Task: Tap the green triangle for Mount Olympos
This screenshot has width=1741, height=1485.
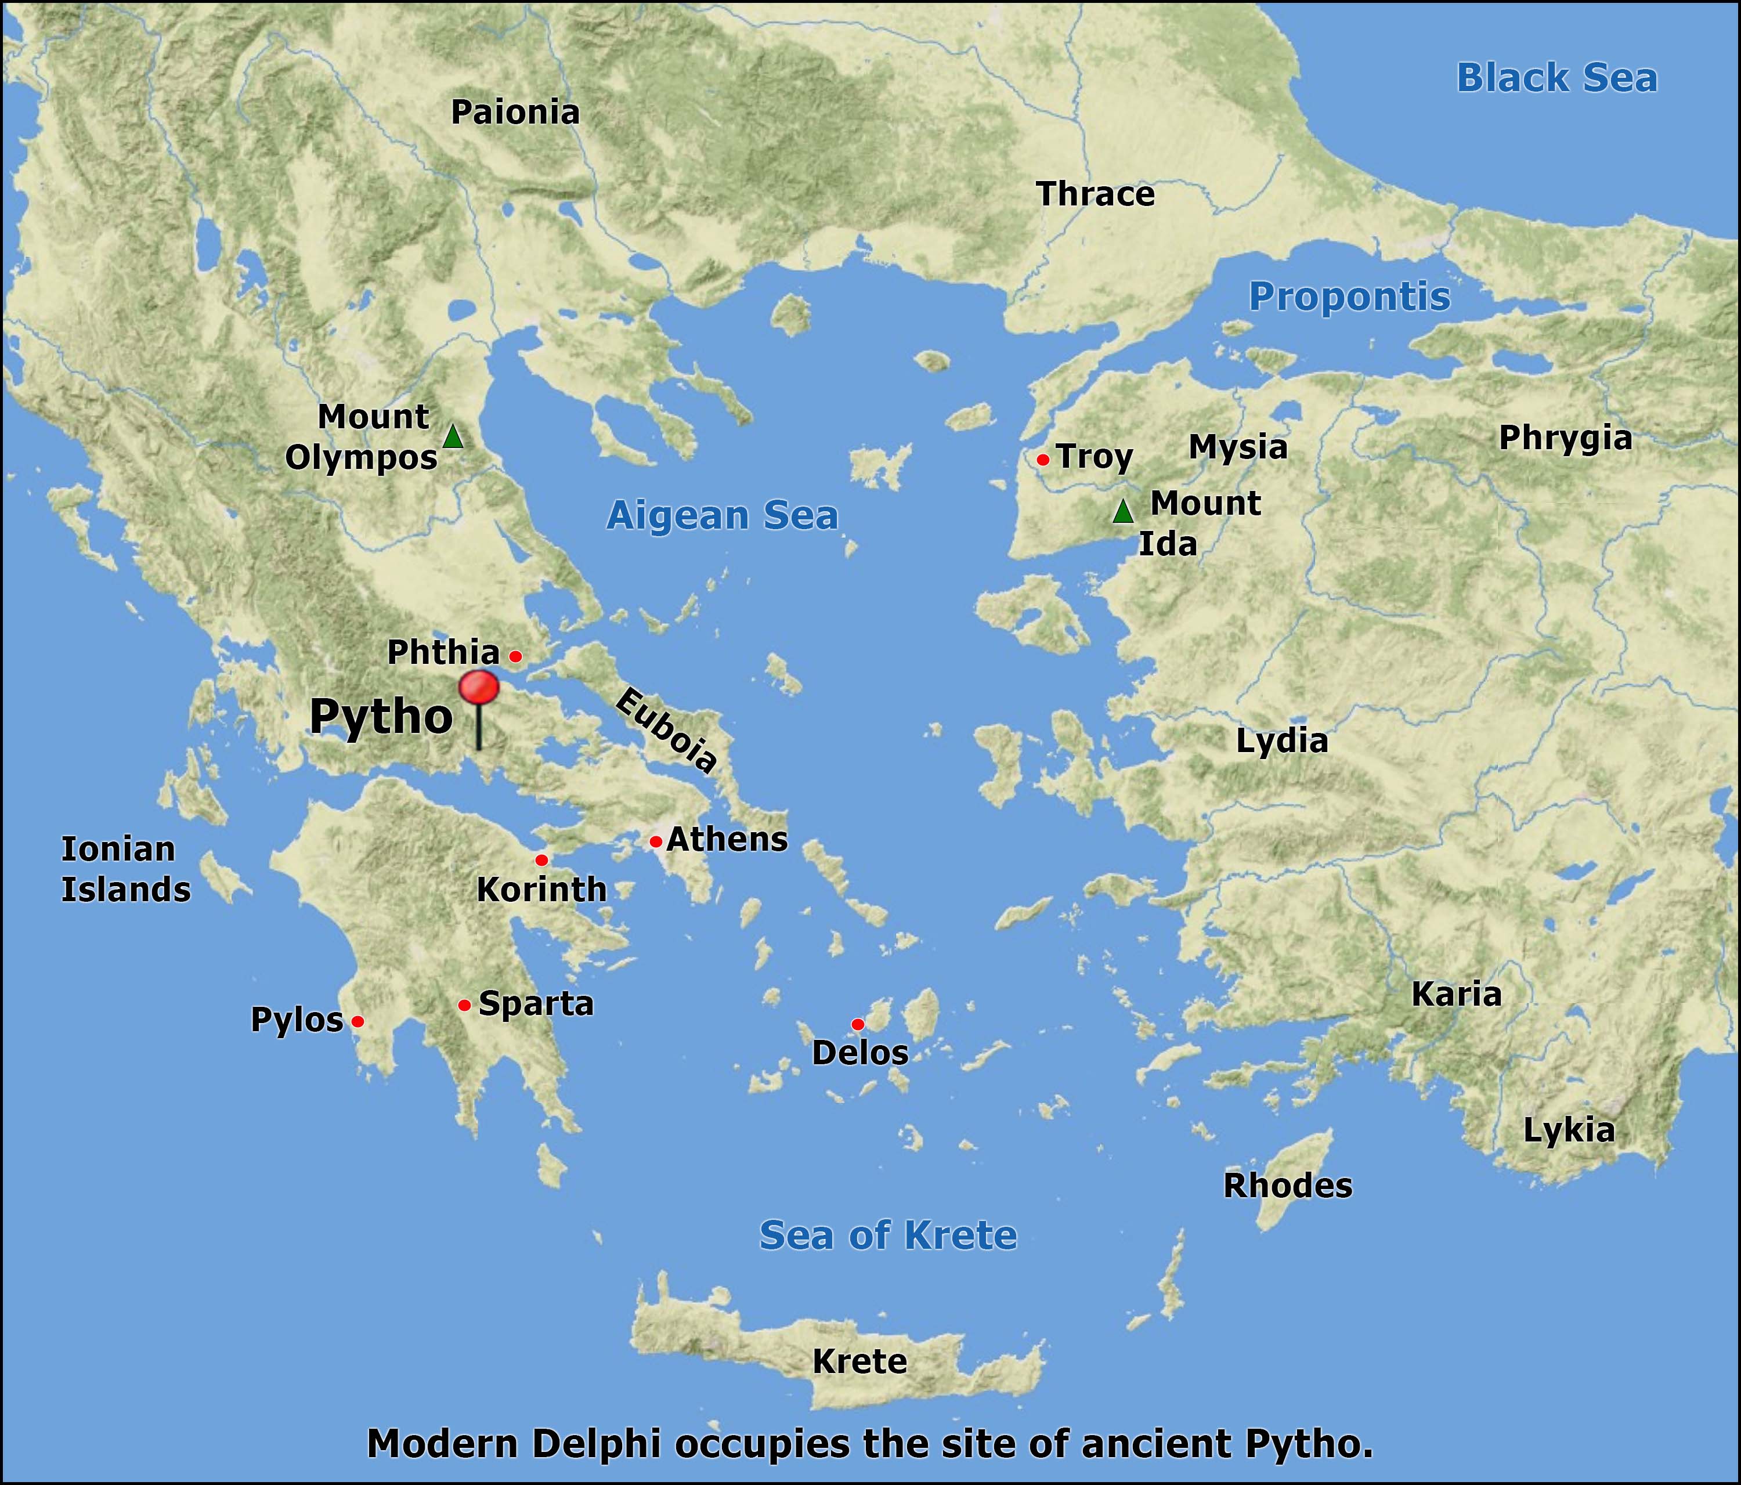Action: pos(453,436)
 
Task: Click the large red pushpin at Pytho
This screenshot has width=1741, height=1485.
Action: pos(479,689)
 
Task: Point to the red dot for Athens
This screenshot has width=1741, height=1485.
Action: pos(655,841)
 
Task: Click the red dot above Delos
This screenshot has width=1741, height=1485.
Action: pos(857,1024)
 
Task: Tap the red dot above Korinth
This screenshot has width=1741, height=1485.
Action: pos(541,860)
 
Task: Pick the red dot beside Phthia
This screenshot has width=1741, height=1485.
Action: pos(516,656)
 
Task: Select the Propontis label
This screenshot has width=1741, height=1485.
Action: pos(1349,297)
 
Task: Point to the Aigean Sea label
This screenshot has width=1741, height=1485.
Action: pos(723,515)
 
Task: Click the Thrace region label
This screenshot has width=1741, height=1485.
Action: pos(1096,194)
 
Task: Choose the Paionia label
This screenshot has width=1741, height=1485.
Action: pos(515,113)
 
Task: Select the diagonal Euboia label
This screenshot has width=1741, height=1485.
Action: pos(666,729)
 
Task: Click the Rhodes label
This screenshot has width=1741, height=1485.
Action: pos(1287,1186)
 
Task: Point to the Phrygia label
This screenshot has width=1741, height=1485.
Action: pos(1565,438)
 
